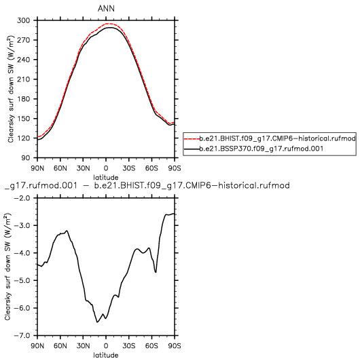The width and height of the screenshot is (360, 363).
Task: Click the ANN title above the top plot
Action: point(106,9)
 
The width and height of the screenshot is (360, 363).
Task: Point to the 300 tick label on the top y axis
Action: point(23,20)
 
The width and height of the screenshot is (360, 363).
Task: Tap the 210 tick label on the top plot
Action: point(24,79)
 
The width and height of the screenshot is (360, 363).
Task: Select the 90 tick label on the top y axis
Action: point(26,158)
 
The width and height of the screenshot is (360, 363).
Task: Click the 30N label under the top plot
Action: point(84,168)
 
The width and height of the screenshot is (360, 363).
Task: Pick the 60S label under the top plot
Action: point(151,168)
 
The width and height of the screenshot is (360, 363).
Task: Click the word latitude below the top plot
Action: point(106,178)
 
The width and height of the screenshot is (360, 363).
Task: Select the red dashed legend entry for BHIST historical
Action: point(270,138)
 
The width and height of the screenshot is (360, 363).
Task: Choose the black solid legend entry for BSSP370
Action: point(253,149)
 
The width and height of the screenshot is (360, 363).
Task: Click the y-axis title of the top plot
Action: point(11,89)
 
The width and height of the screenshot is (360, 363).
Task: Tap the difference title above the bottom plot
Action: point(147,185)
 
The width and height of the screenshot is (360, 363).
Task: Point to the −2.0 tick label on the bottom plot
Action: point(22,198)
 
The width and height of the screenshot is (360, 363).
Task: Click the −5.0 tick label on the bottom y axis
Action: point(22,280)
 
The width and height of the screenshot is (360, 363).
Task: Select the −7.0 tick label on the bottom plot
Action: point(22,335)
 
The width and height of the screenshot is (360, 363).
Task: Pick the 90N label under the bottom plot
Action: point(37,346)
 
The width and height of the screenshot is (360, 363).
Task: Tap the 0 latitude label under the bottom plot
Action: point(106,346)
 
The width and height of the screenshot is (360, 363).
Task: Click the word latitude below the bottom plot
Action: point(106,356)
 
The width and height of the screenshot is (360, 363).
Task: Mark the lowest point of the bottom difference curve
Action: point(97,322)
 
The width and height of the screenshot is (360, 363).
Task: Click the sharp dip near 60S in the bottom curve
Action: point(156,272)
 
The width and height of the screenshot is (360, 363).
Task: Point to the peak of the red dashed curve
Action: point(107,24)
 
